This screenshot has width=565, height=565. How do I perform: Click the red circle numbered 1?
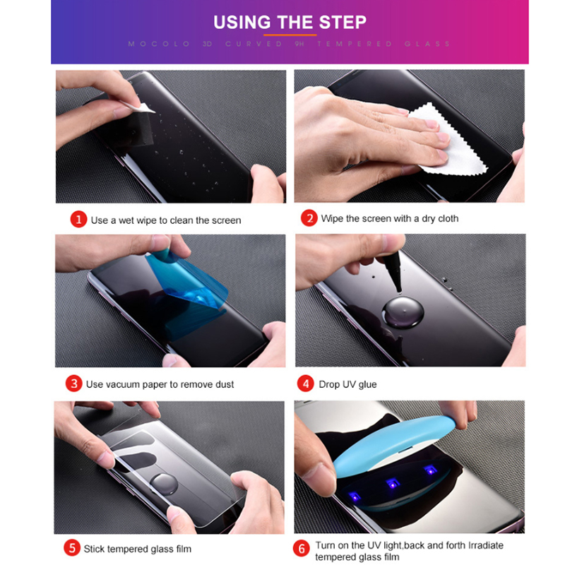coord(78,220)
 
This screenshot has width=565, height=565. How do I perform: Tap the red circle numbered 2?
coord(309,218)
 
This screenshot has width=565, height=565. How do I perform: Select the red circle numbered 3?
coord(74,383)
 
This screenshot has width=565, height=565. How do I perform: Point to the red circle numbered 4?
coord(306,383)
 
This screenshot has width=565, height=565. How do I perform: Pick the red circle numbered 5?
coord(72,548)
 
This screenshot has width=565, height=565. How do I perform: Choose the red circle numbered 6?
coord(302,549)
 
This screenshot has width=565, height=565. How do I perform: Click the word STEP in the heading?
coord(343,23)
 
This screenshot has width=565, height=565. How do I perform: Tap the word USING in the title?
coord(242,23)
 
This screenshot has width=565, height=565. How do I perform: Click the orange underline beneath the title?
coord(290,35)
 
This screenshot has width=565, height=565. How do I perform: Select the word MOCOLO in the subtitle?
coord(159,44)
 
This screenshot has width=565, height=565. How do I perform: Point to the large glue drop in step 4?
coord(403,312)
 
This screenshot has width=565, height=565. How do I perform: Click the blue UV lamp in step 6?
coord(393,444)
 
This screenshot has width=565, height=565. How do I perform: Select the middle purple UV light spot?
coord(393,483)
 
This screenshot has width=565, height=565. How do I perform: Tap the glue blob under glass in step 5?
coord(164,484)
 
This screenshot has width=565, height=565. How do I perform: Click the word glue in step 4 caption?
coord(367,384)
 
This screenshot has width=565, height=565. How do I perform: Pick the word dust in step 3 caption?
coord(225,384)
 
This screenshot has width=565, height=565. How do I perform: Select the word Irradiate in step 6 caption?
coord(485,545)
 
